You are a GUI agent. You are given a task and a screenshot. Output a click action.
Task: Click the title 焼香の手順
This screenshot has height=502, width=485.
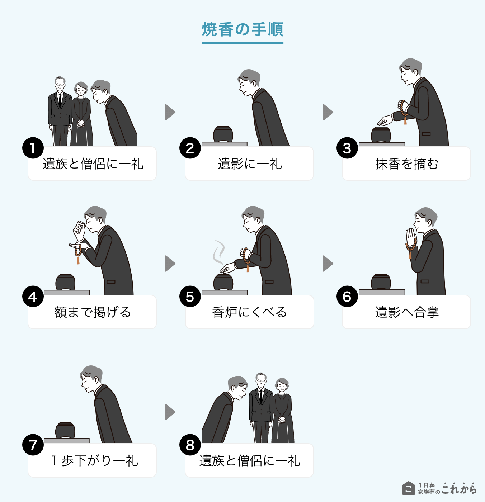tap(242, 30)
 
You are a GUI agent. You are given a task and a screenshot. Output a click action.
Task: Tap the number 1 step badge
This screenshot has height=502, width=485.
tap(33, 148)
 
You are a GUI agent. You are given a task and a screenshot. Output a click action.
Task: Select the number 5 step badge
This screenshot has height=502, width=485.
tap(190, 297)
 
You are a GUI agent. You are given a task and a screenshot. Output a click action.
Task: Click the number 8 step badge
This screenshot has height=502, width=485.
tap(190, 445)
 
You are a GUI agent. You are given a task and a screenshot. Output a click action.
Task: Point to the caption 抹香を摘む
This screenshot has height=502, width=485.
tap(407, 164)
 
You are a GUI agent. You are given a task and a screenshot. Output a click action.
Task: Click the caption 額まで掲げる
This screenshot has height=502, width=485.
tap(93, 312)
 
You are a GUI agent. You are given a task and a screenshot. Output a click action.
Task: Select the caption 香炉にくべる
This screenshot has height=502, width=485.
tap(250, 312)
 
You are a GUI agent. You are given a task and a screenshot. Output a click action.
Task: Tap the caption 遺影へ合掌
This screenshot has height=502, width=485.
tap(407, 312)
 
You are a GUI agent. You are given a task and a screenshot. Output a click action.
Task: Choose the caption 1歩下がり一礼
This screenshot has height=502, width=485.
tap(95, 461)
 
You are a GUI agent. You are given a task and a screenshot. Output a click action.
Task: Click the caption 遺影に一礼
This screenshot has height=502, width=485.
tap(250, 164)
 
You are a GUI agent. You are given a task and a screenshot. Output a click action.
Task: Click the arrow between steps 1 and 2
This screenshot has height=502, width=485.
tap(170, 112)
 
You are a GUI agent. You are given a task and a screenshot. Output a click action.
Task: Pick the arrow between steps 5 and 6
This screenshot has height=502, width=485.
tap(328, 264)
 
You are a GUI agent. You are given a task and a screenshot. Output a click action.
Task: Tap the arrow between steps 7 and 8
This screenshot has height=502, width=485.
tap(170, 412)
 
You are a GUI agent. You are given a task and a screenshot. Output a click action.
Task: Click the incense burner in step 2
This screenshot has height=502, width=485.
tap(223, 134)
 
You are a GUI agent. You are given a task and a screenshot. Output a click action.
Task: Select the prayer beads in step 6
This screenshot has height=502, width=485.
tap(411, 247)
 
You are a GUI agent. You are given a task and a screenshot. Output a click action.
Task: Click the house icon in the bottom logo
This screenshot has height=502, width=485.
tap(408, 488)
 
